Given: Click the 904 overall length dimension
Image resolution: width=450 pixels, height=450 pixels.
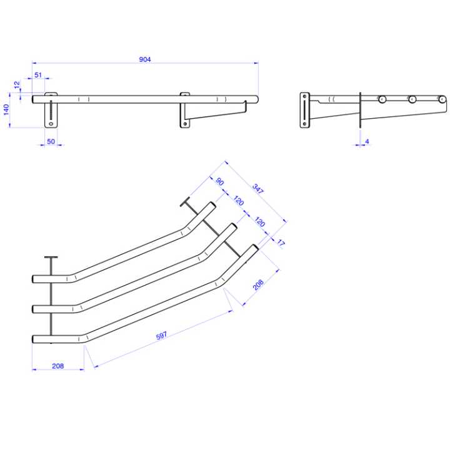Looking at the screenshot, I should [x=145, y=59].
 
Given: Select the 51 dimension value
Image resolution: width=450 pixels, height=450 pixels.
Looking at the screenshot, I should [x=38, y=75].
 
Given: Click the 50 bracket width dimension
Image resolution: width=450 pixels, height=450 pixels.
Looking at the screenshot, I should [x=51, y=142].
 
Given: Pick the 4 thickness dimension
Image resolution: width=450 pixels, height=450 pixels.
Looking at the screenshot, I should [x=367, y=142].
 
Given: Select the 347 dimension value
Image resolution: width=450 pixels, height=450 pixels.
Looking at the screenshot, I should [x=257, y=188].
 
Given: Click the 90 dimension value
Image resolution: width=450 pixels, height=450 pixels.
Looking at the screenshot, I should [x=220, y=181].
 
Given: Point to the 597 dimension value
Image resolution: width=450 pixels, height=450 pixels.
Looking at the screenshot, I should [x=161, y=336].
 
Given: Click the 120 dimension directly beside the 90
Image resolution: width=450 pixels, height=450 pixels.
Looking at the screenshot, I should [x=239, y=201].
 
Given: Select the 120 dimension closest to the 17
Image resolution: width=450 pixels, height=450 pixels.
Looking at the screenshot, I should [x=260, y=222].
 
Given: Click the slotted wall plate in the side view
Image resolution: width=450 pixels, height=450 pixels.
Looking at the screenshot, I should [x=304, y=110].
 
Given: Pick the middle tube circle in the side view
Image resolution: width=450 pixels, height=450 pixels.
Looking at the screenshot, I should [x=411, y=99].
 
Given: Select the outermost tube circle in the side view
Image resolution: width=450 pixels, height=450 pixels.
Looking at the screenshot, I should [x=441, y=99].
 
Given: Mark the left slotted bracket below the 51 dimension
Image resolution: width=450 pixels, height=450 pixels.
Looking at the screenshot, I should [x=50, y=111].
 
